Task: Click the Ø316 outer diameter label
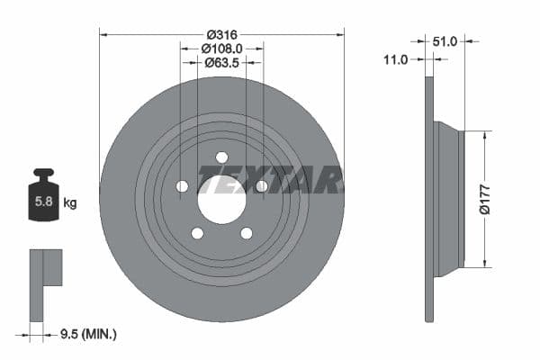tap(221, 34)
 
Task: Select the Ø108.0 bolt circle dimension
tap(221, 49)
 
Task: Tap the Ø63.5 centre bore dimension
tap(221, 63)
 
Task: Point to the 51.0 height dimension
tap(445, 40)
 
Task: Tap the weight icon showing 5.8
tap(43, 196)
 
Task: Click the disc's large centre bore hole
tap(221, 199)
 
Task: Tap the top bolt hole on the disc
tap(221, 157)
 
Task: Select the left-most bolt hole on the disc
tap(182, 186)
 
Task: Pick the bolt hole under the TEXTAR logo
tap(261, 186)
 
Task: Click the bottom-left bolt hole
tap(197, 233)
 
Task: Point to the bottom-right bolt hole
tap(246, 233)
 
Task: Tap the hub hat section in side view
tap(447, 199)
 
